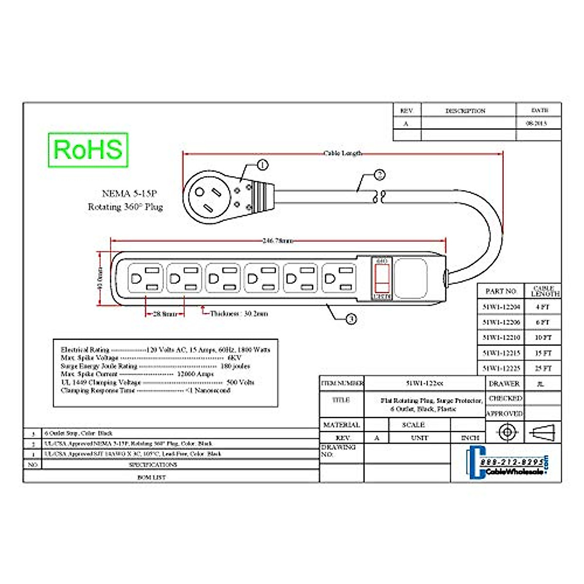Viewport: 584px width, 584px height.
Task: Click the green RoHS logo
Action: coord(88,150)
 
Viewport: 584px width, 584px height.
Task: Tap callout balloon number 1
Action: coord(262,165)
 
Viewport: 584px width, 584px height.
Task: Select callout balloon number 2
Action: coord(380,175)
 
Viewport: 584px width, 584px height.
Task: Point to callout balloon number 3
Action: coord(351,319)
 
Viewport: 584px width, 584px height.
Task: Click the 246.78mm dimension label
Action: coord(278,240)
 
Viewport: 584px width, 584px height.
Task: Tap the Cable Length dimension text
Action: coord(343,153)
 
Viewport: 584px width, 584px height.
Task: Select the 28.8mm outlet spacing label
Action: coord(165,314)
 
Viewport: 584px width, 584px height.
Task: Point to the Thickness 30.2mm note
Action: coord(238,314)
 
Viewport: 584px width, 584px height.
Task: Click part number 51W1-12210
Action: coord(501,337)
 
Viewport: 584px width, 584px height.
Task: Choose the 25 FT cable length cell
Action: coord(543,368)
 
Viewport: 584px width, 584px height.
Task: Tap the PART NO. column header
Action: coord(501,291)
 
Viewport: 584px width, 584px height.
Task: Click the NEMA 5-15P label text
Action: coord(129,194)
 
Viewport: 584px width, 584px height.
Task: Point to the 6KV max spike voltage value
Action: coord(234,358)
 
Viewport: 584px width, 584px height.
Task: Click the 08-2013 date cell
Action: coord(536,123)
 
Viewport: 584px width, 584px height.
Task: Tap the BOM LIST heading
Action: coord(151,477)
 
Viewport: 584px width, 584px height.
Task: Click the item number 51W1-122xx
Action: coord(424,383)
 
